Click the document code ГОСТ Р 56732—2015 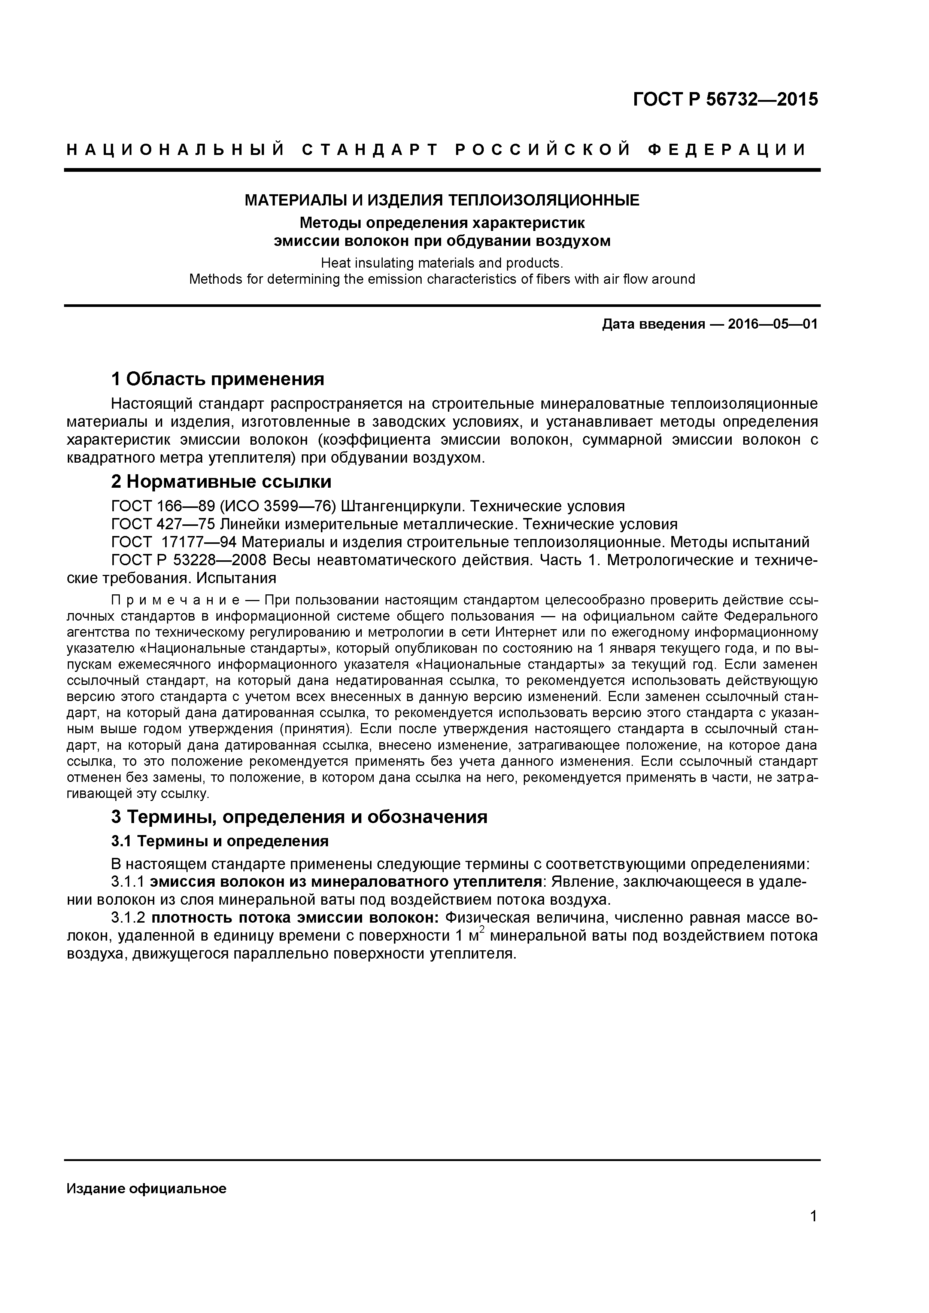pos(725,100)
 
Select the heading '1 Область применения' pos(218,378)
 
